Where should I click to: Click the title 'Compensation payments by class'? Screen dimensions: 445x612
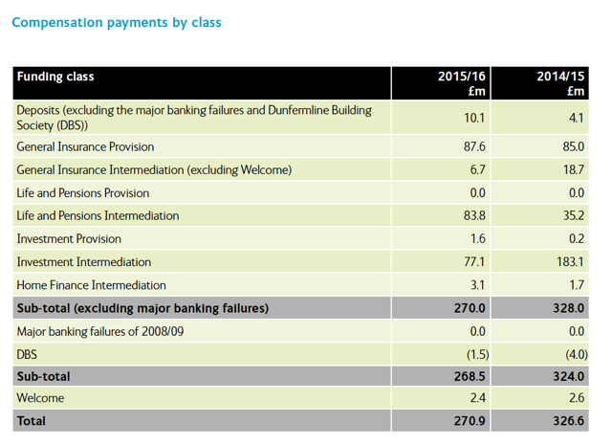(x=116, y=21)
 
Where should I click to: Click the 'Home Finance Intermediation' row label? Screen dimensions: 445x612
(x=91, y=284)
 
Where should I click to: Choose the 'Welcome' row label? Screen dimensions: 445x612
(x=40, y=397)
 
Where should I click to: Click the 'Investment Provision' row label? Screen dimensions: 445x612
(x=69, y=238)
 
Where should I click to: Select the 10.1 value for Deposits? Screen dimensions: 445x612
(x=475, y=117)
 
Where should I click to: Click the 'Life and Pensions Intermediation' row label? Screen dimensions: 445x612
(x=98, y=215)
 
